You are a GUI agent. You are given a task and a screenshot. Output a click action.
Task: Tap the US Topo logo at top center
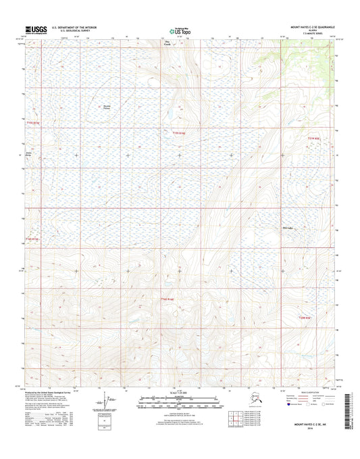coord(179,30)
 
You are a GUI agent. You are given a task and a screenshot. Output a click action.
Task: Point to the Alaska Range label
coord(29,154)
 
